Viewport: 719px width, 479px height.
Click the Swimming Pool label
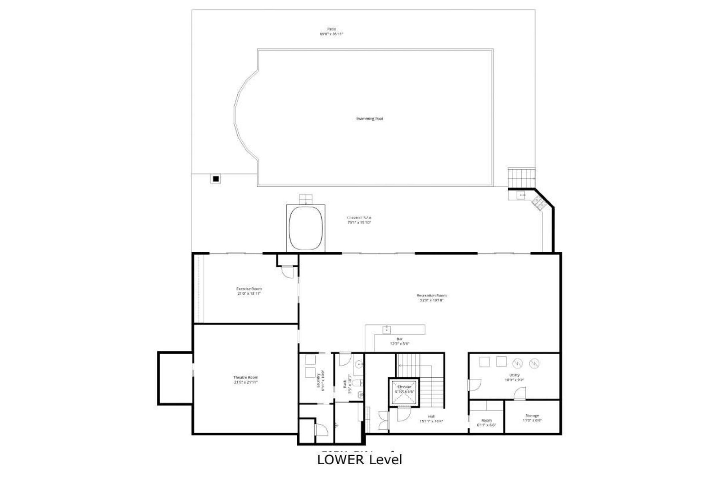[369, 119]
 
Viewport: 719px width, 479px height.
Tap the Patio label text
[331, 29]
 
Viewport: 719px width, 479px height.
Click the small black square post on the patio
[216, 179]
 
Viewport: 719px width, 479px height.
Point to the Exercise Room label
[249, 289]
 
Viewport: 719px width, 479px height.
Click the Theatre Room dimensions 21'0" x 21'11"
[246, 382]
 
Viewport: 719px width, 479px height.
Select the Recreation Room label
[431, 295]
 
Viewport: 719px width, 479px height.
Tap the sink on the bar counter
[387, 329]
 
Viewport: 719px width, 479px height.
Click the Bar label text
[399, 339]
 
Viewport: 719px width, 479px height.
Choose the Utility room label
[514, 375]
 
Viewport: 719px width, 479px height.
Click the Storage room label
[532, 416]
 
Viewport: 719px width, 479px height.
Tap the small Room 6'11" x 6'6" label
[486, 420]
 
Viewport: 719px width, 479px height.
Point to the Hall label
[431, 416]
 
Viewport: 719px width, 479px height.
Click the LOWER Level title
[359, 459]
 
